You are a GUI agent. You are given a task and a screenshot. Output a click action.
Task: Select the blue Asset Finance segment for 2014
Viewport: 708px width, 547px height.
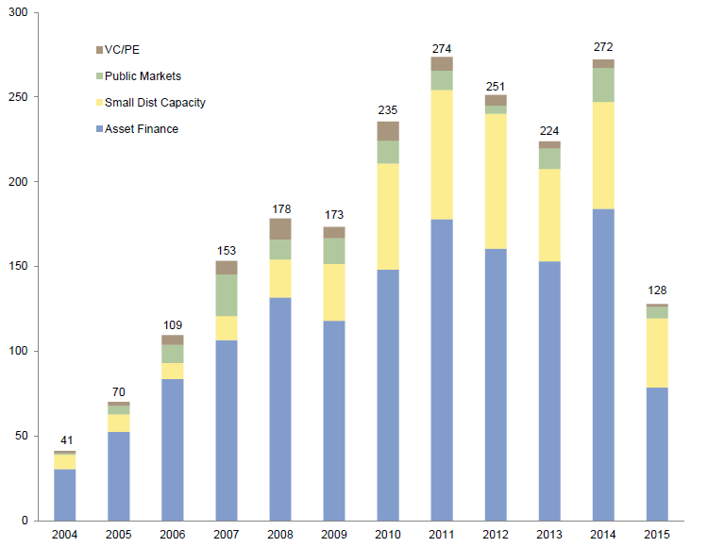(603, 364)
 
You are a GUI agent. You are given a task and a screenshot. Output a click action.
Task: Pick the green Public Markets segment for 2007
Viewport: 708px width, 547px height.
(227, 295)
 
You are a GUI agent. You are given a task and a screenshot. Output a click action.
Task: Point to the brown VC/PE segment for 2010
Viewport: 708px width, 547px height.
(388, 131)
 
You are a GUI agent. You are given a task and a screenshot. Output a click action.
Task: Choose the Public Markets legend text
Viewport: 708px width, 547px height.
(142, 75)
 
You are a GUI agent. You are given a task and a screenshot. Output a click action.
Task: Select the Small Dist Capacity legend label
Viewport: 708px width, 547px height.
(155, 102)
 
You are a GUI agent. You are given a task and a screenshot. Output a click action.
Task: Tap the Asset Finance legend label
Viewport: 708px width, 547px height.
(142, 128)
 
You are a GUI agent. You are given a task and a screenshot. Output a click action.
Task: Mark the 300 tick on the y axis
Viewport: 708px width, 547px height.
(17, 12)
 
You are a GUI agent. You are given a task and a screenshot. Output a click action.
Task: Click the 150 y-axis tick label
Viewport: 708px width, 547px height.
(17, 267)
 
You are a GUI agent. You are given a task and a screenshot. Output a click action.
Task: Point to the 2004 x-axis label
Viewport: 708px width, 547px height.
(65, 534)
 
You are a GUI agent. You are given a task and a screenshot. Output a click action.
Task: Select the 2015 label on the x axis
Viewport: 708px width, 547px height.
(657, 534)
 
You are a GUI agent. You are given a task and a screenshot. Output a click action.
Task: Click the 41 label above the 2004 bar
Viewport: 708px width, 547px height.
(65, 440)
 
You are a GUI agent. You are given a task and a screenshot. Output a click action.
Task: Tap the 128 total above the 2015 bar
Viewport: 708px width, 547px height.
(657, 292)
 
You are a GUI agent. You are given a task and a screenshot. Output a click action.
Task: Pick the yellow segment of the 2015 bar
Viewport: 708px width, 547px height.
(657, 353)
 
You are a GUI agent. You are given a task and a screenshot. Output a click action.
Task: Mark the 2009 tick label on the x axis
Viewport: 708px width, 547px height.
(334, 534)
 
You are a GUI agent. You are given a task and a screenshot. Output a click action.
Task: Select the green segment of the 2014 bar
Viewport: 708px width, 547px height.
(603, 85)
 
